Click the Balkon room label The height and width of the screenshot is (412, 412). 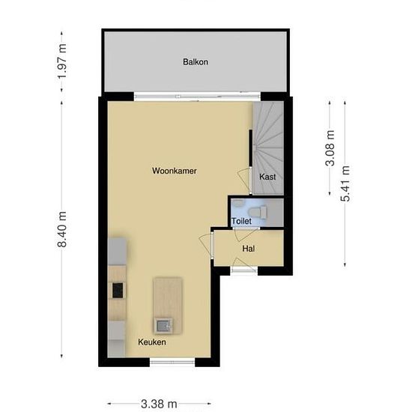tap(195, 62)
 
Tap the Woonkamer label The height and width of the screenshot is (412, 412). tap(174, 172)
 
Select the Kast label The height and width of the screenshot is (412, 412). tap(267, 177)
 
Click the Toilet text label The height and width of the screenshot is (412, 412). tap(241, 222)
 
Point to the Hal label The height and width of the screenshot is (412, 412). tap(249, 248)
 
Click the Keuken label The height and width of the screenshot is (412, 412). tap(152, 342)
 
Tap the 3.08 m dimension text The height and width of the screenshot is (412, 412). tap(330, 147)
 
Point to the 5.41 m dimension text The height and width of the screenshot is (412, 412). tap(345, 183)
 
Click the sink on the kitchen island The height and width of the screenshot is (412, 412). tap(163, 324)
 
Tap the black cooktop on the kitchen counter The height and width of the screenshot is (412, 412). tap(118, 290)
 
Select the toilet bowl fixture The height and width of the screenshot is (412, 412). tap(258, 213)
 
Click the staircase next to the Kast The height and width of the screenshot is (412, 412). tap(267, 139)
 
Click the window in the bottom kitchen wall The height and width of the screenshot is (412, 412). tap(173, 363)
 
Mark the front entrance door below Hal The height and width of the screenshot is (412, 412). tap(245, 269)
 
